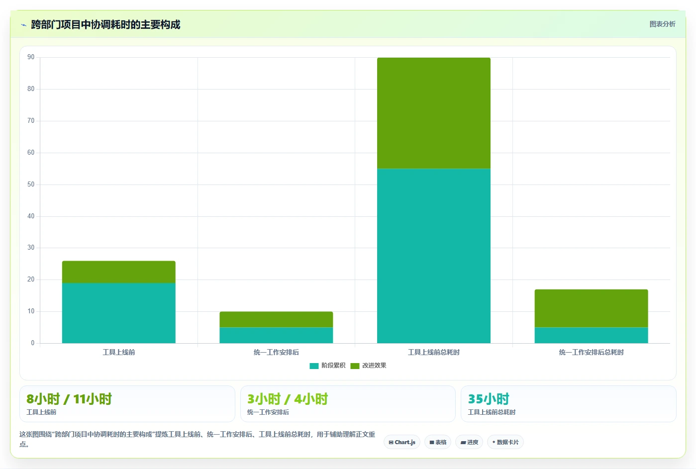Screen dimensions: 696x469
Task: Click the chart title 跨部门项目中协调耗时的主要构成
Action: (105, 24)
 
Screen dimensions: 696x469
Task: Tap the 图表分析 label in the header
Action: (663, 24)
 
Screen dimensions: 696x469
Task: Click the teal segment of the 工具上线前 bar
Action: (119, 313)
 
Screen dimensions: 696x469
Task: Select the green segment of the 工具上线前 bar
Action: (119, 272)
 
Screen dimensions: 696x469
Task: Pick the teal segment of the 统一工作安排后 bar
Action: (276, 335)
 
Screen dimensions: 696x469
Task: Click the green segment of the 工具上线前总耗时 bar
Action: (434, 113)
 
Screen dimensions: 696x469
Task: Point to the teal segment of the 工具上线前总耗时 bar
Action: (434, 256)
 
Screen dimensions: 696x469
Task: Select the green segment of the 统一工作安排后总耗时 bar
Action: (592, 308)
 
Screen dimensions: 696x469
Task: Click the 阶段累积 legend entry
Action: (327, 366)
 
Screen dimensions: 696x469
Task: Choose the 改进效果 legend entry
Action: (369, 366)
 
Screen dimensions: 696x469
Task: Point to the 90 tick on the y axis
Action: (31, 57)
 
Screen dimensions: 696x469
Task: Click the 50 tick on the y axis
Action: (31, 184)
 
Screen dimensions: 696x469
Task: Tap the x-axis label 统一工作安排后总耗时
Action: (592, 352)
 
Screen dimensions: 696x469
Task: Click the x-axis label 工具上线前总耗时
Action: (434, 352)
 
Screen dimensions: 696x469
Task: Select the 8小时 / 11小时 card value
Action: (69, 399)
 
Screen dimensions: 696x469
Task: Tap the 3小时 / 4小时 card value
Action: (288, 399)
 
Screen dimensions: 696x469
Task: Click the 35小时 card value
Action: (489, 399)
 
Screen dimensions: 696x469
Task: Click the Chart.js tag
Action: (402, 442)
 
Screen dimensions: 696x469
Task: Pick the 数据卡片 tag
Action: (505, 442)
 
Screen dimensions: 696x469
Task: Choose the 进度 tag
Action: (469, 442)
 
